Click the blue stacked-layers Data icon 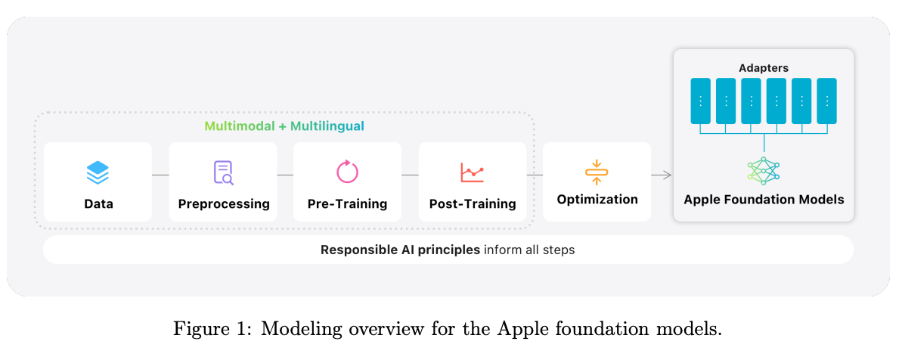pos(98,172)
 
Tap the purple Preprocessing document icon pos(223,172)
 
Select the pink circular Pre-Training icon pos(347,172)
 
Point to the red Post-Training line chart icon pos(472,172)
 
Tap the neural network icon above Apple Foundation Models pos(763,172)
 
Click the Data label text pos(98,203)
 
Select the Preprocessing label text pos(224,204)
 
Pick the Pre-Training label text pos(347,204)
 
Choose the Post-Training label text pos(473,204)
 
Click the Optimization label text pos(597,200)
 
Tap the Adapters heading pos(764,68)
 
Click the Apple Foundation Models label pos(764,200)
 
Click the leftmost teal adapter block pos(700,101)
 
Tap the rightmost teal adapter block pos(827,101)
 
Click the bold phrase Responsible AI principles pos(400,250)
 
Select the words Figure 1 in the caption pos(206,330)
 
